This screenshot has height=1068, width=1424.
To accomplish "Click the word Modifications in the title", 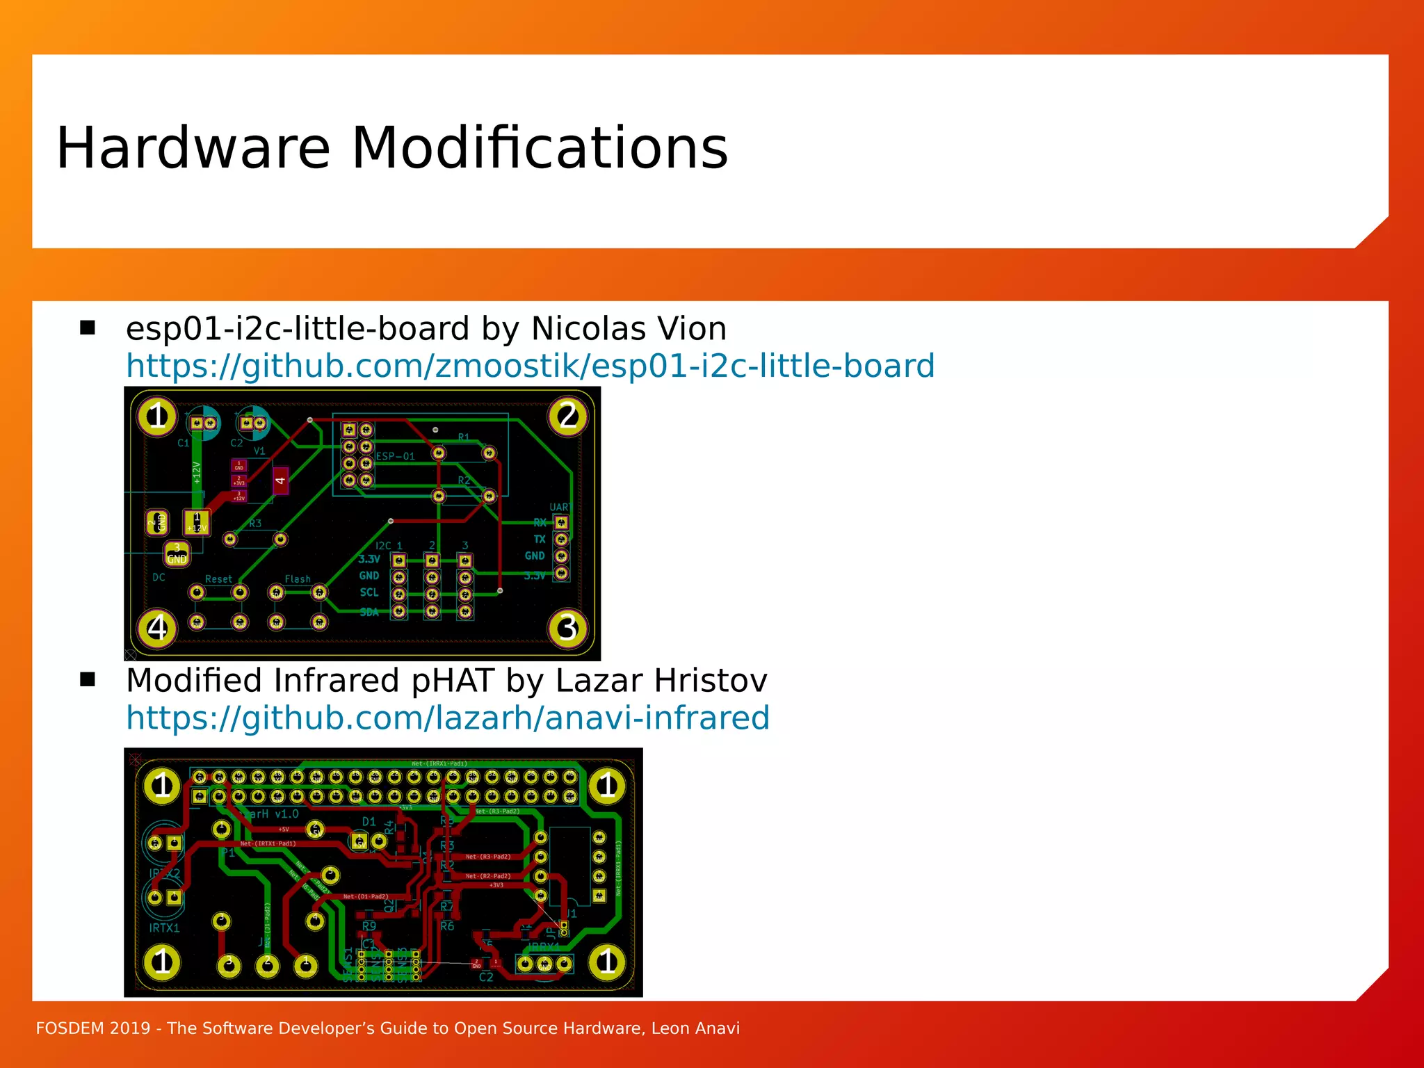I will [x=540, y=148].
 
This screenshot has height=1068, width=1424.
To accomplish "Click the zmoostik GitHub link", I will [x=530, y=366].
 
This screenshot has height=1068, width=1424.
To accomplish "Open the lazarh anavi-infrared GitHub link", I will [x=448, y=718].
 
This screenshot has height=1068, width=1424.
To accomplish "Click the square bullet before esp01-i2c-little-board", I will [x=88, y=327].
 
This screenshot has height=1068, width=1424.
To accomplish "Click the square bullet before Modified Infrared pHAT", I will [x=88, y=679].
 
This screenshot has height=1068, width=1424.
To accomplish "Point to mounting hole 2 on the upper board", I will [x=568, y=416].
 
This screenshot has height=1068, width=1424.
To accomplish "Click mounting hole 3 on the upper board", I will [x=568, y=628].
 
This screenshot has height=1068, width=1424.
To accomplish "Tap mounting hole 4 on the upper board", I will [x=157, y=628].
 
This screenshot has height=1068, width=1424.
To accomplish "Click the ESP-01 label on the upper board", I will [x=395, y=457].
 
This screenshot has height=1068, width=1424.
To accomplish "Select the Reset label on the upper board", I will [x=218, y=579].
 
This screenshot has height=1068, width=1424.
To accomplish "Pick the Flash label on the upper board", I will [x=298, y=579].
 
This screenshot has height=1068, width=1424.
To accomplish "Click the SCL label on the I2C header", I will [x=369, y=592].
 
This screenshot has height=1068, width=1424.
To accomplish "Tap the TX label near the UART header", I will [x=540, y=540].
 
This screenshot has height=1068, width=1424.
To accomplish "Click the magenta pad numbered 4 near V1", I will [x=280, y=480].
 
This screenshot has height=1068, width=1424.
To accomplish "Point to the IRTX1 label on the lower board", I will [x=164, y=928].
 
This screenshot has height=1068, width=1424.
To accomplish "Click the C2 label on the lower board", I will [x=486, y=978].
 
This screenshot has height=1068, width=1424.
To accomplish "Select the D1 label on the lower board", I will [x=369, y=822].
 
